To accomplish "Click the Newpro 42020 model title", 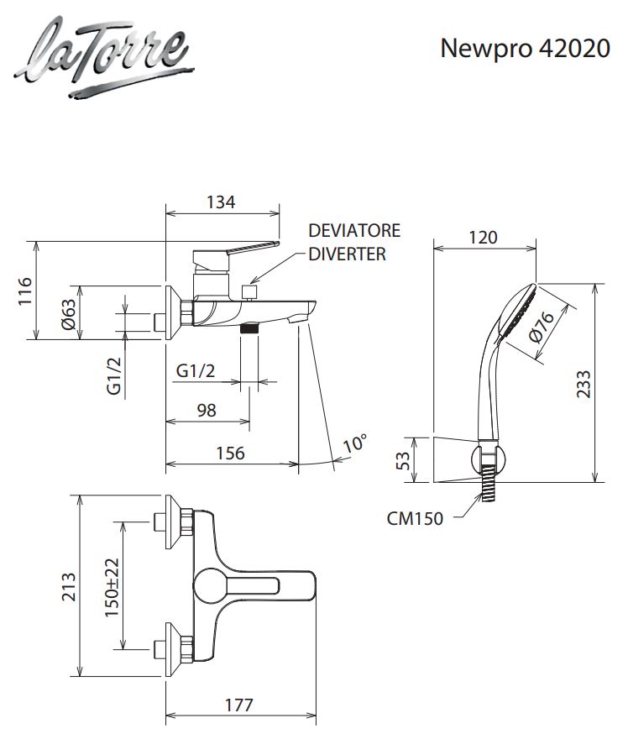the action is point(526,48).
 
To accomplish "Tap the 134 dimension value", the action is point(221,202).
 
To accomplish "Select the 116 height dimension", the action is point(25,291).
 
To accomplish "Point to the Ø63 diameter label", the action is point(68,314).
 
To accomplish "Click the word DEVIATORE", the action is point(354,230).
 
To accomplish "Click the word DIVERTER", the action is point(348,254).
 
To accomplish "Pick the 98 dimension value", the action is point(207,411).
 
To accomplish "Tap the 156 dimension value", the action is point(230,453).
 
